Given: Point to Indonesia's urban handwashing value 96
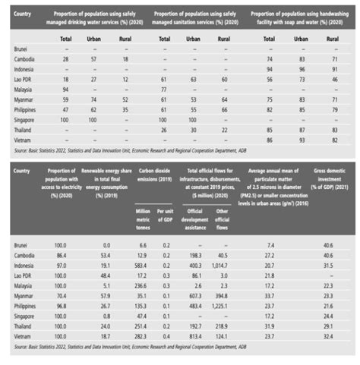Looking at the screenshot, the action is point(302,68).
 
